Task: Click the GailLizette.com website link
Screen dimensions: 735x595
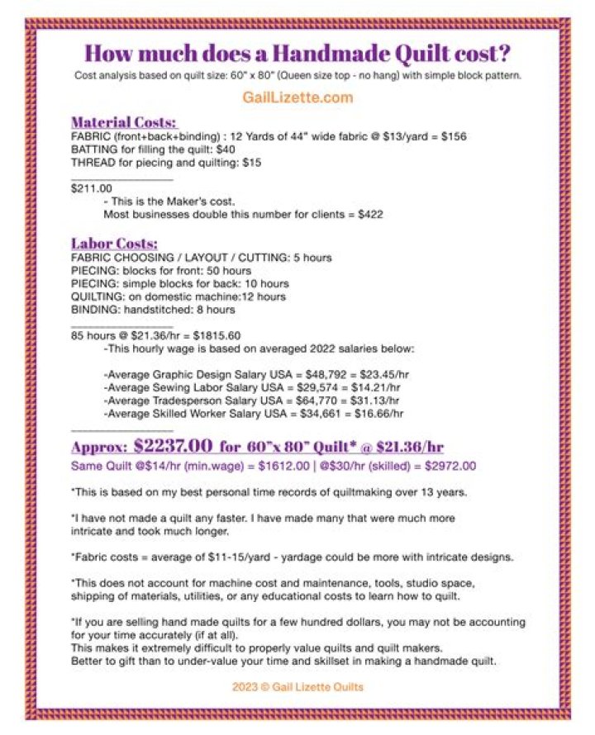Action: tap(297, 97)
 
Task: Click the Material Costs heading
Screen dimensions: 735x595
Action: tap(123, 121)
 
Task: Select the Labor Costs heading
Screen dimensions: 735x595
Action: tap(114, 244)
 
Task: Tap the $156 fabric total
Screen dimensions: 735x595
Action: tap(454, 136)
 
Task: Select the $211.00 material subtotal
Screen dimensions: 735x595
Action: tap(92, 188)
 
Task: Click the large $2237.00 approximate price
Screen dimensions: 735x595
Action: tap(172, 446)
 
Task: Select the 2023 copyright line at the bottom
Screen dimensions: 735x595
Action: tap(297, 687)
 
